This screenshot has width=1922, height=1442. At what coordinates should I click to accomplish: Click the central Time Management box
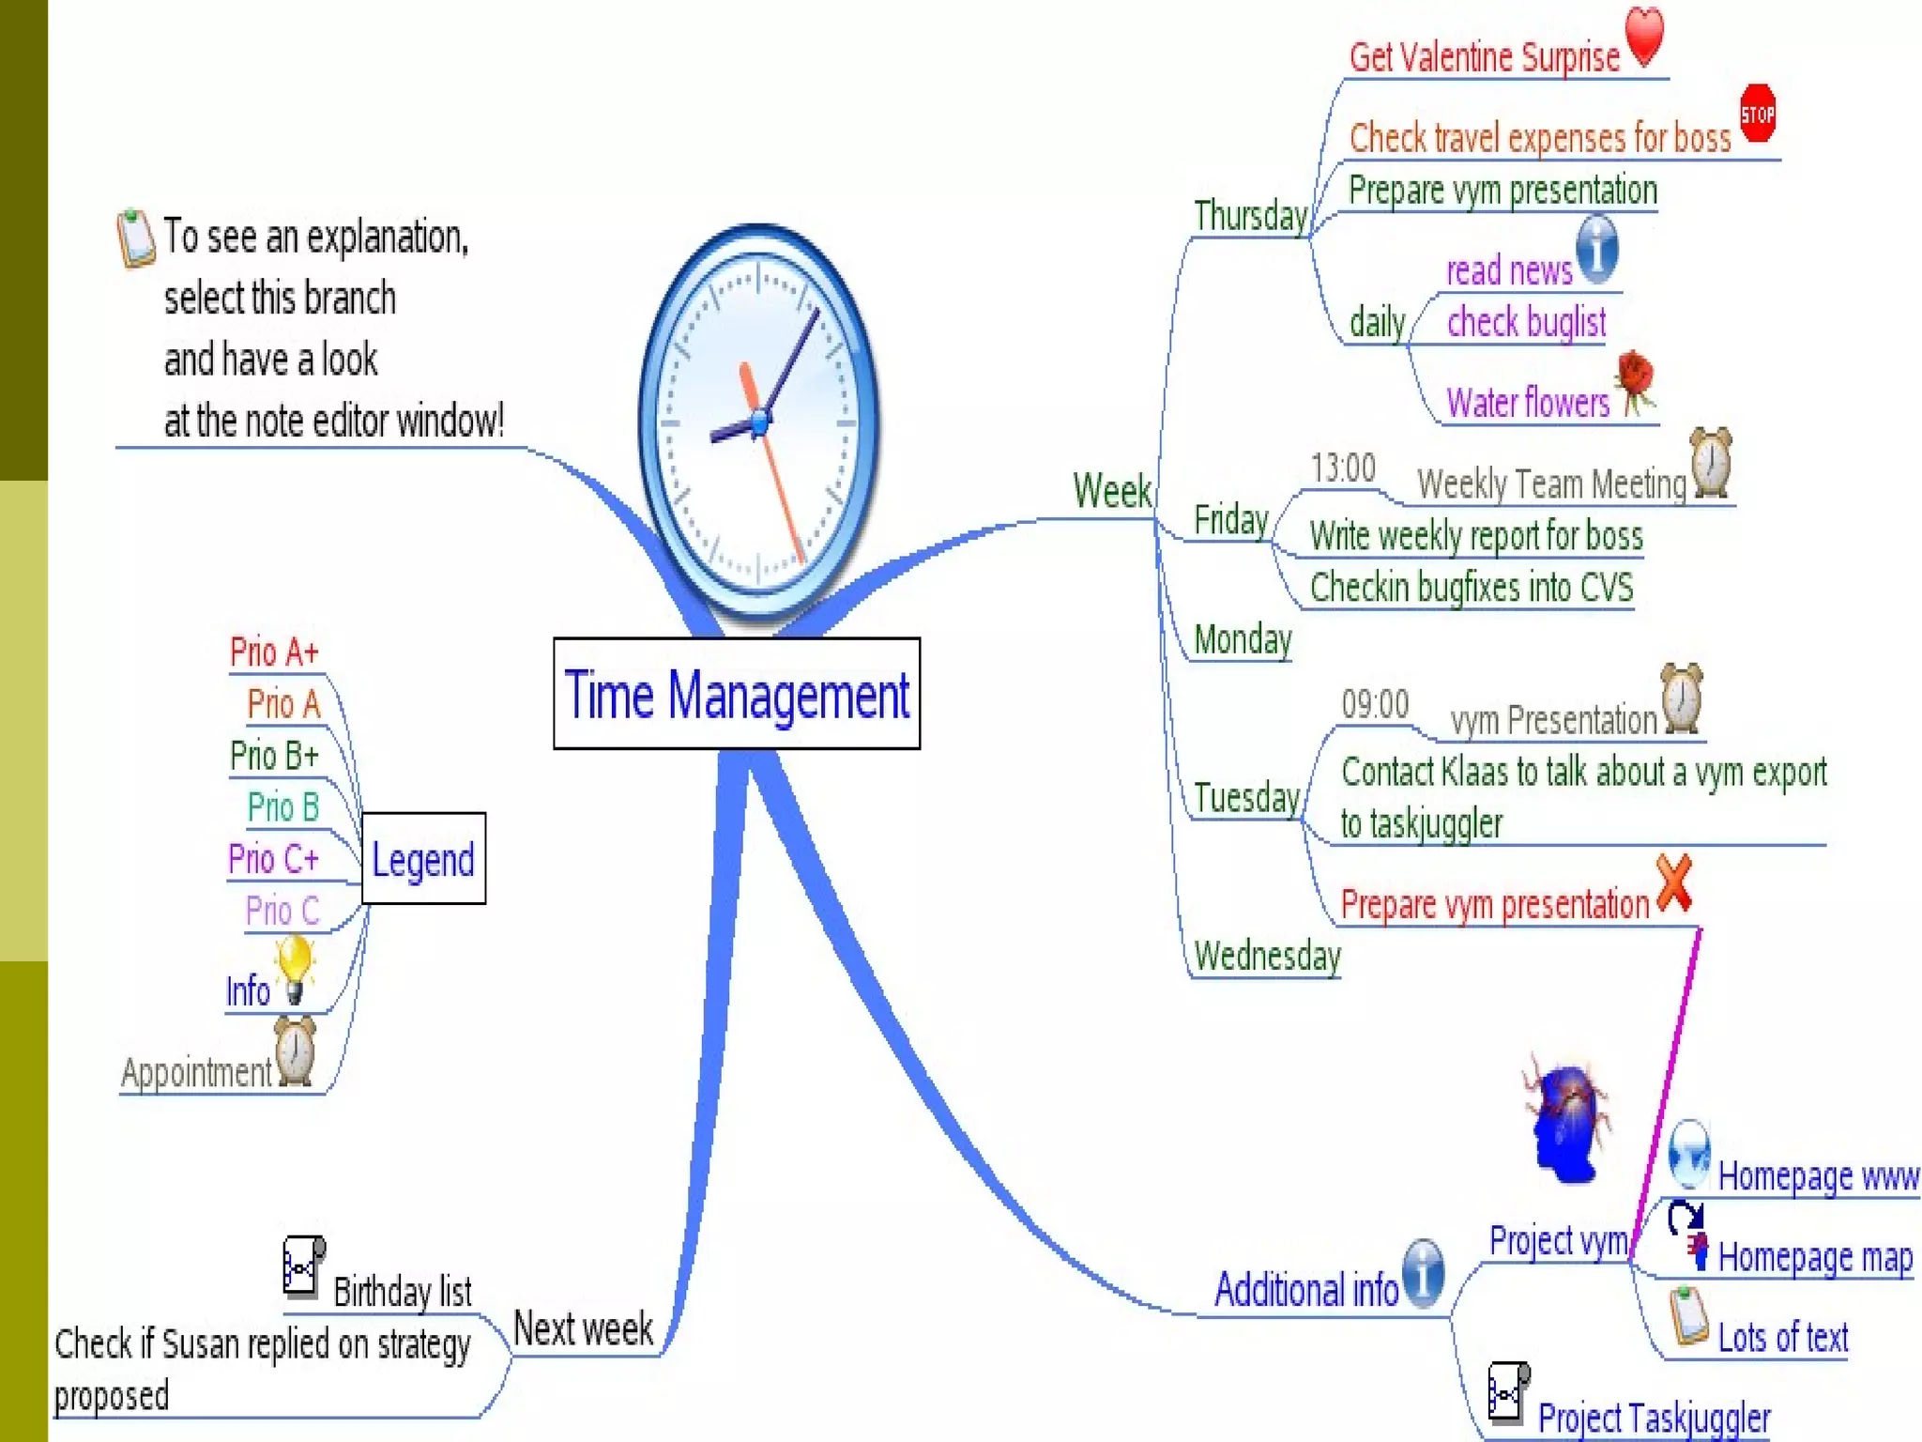click(737, 694)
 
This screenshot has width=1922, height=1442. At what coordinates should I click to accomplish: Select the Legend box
click(423, 859)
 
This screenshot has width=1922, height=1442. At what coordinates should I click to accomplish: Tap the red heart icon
click(1644, 36)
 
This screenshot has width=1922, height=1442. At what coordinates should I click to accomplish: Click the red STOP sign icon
click(1758, 115)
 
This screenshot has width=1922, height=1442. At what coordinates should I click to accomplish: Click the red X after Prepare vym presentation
click(1674, 883)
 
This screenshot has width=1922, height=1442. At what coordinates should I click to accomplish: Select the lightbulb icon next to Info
click(294, 968)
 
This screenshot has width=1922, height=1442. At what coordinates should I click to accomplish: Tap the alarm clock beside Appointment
click(295, 1051)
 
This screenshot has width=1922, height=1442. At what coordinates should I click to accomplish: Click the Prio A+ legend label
click(274, 652)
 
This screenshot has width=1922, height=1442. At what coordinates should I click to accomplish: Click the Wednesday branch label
click(1267, 956)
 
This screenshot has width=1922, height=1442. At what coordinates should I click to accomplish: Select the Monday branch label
click(1243, 640)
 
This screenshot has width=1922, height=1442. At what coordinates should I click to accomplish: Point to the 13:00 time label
click(1343, 468)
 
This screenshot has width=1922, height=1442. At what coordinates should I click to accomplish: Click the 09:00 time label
click(1375, 704)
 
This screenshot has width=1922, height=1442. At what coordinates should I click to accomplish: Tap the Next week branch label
click(583, 1328)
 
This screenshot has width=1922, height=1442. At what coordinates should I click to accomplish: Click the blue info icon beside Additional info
click(1424, 1272)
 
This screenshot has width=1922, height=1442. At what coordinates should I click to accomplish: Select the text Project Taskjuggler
click(1654, 1417)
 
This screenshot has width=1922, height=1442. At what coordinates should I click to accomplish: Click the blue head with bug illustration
click(1565, 1122)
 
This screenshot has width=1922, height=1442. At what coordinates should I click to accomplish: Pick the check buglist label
click(1526, 322)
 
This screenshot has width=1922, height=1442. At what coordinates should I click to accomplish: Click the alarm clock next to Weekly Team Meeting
click(1711, 462)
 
